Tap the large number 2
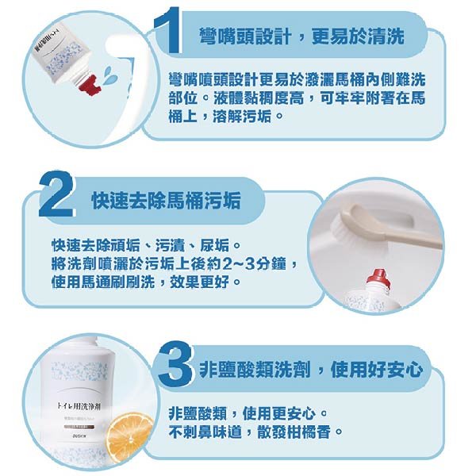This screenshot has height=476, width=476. [x=57, y=194]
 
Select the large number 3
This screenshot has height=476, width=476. [x=175, y=365]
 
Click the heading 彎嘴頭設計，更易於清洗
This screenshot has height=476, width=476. [x=301, y=37]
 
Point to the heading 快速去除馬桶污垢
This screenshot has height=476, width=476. [x=166, y=201]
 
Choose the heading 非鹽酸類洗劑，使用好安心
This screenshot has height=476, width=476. [x=311, y=370]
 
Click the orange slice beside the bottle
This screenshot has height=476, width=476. [x=130, y=437]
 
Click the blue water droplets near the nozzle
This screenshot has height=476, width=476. [x=108, y=75]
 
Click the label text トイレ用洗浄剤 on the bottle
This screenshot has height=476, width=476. [x=79, y=406]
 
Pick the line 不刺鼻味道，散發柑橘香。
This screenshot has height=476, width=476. [x=255, y=432]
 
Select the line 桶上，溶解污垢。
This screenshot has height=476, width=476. [x=226, y=116]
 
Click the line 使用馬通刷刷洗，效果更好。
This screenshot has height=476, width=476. [x=146, y=282]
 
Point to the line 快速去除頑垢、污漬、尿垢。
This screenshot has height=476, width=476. [x=146, y=246]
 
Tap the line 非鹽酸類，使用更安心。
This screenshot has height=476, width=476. [x=248, y=413]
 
